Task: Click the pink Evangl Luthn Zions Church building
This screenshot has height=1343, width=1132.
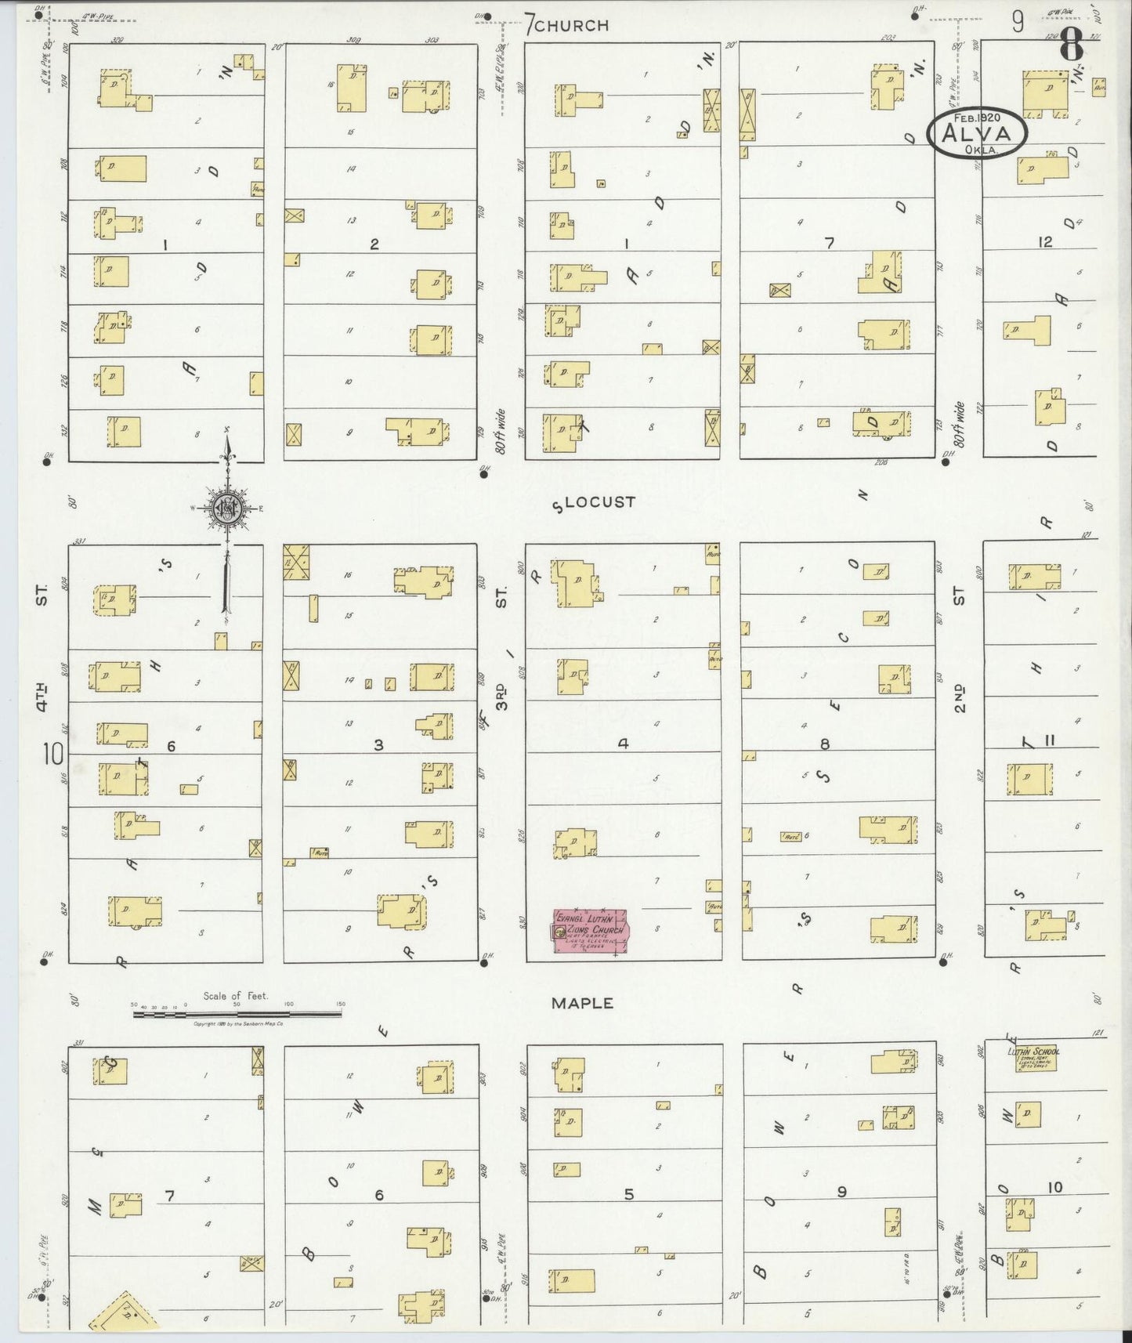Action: (590, 931)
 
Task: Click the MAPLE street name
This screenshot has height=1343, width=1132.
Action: (581, 1003)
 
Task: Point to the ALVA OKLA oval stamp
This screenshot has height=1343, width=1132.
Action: (977, 133)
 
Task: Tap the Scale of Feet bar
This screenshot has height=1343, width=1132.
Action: (237, 1013)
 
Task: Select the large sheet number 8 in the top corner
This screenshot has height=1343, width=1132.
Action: (1072, 49)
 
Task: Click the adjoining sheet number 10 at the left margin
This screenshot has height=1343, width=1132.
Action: (53, 755)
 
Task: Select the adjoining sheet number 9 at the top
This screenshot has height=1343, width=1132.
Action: (1017, 22)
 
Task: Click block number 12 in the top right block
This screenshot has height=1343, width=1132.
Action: (1045, 242)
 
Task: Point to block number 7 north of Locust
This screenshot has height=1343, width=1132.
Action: (829, 244)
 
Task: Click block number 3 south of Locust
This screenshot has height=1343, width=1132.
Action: (378, 744)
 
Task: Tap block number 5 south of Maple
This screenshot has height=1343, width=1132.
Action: (628, 1194)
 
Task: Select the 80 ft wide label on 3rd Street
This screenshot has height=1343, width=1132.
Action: (501, 430)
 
